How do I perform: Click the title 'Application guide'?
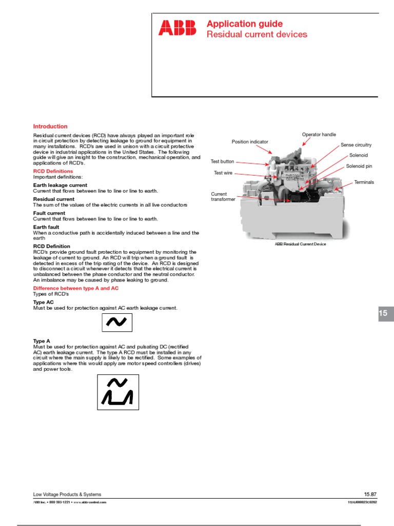244,24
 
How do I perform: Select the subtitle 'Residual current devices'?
257,34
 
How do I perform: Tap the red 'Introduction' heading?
50,126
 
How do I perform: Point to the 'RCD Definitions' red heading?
53,171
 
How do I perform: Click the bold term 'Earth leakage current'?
60,185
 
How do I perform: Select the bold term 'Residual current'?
54,199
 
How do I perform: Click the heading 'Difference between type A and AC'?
75,289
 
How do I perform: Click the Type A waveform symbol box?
118,392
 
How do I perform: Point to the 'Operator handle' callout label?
319,135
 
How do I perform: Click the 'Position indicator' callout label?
250,142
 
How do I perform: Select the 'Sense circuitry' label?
356,145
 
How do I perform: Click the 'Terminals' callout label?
364,182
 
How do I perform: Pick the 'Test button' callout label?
222,161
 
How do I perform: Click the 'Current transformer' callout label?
223,197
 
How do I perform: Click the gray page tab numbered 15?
386,313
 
